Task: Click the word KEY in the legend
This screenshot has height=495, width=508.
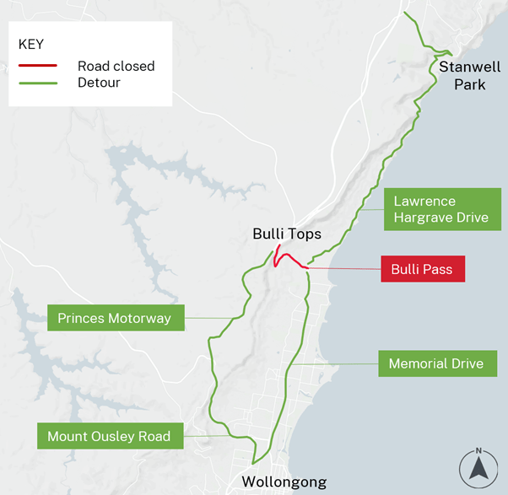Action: click(30, 44)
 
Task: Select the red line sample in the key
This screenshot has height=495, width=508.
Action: click(37, 66)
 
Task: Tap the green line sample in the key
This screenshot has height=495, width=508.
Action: click(37, 83)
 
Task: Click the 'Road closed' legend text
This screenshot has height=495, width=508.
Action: click(116, 66)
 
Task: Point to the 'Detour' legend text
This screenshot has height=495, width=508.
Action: click(100, 83)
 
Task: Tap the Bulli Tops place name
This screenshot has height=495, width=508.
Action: click(287, 234)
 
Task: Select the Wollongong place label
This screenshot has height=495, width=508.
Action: click(284, 482)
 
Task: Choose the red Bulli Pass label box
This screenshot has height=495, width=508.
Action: click(422, 270)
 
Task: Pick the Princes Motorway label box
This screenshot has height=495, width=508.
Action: click(115, 318)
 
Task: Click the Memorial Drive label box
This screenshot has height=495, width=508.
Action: click(435, 364)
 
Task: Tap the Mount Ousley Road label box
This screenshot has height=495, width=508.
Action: click(109, 436)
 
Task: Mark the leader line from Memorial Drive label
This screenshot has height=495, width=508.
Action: click(338, 364)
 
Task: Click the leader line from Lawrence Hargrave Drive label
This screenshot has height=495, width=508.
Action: click(371, 208)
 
